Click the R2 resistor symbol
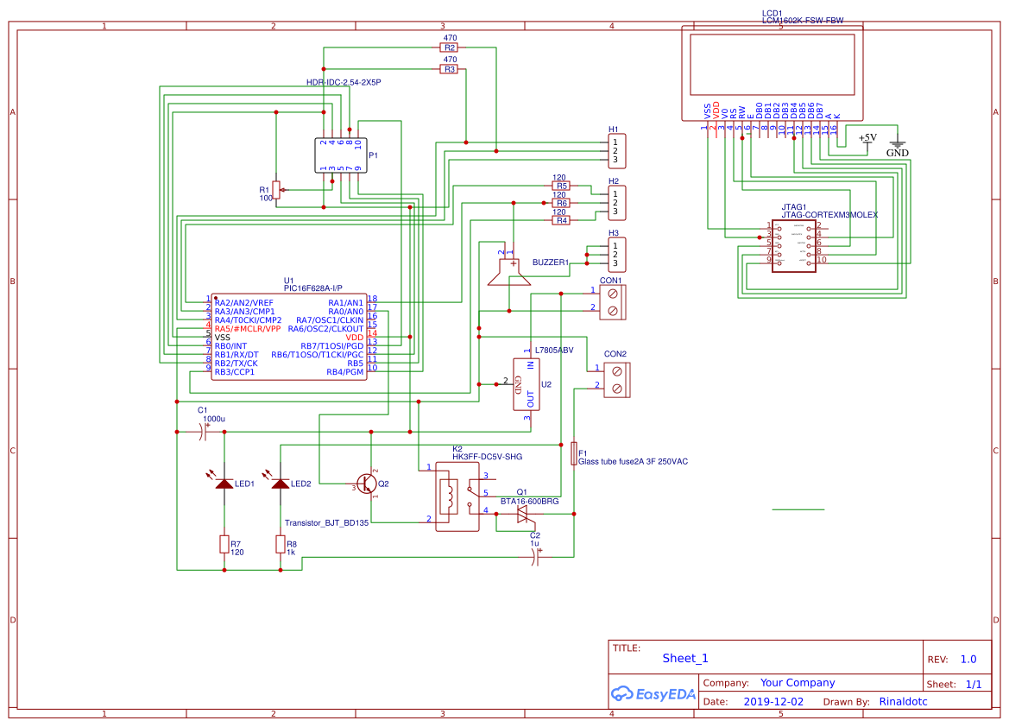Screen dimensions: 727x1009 [x=449, y=47]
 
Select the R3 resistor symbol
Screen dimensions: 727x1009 [x=449, y=68]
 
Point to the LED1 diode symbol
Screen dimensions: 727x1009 [x=224, y=484]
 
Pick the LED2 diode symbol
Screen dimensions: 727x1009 [x=281, y=484]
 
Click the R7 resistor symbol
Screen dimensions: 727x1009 [x=224, y=544]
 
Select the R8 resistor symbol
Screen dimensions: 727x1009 [x=281, y=544]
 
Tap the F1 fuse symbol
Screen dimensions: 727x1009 [x=574, y=453]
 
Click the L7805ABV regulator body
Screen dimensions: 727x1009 [x=527, y=384]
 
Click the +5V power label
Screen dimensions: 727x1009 [x=867, y=137]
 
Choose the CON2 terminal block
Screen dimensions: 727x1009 [x=616, y=379]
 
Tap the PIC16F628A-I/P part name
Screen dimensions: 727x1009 [x=312, y=288]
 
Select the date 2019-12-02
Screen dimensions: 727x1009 [x=773, y=702]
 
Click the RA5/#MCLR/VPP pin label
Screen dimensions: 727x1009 [x=248, y=329]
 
